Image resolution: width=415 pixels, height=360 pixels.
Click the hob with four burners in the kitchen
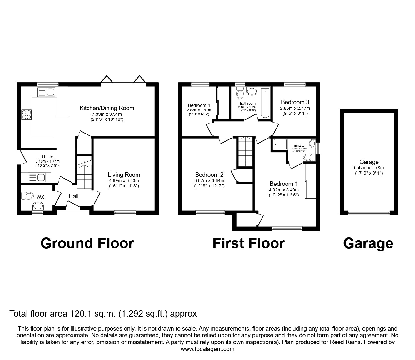point(27,114)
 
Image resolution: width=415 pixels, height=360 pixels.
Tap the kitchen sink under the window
point(46,92)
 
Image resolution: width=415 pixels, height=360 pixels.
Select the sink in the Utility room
point(37,177)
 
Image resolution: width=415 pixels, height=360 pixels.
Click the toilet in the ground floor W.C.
point(27,195)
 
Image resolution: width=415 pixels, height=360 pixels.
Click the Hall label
point(73,196)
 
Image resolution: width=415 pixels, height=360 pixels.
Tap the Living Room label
point(124,175)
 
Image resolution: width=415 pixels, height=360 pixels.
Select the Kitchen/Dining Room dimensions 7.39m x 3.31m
point(107,114)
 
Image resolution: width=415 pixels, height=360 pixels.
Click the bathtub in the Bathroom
point(265,103)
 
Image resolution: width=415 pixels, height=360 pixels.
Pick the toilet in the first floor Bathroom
point(240,93)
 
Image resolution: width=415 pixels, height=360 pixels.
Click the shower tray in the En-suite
point(280,144)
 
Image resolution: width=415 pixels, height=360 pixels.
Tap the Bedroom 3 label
point(295,102)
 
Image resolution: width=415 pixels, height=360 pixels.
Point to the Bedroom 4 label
point(199,105)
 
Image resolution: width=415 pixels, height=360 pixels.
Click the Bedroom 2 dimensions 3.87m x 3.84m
point(209,180)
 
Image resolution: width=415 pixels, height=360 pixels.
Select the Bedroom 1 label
point(283,184)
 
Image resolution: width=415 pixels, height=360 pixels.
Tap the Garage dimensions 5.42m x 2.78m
point(369,168)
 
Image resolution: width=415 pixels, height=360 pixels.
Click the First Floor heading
point(248,243)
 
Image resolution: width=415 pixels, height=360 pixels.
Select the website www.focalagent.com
point(207,349)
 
